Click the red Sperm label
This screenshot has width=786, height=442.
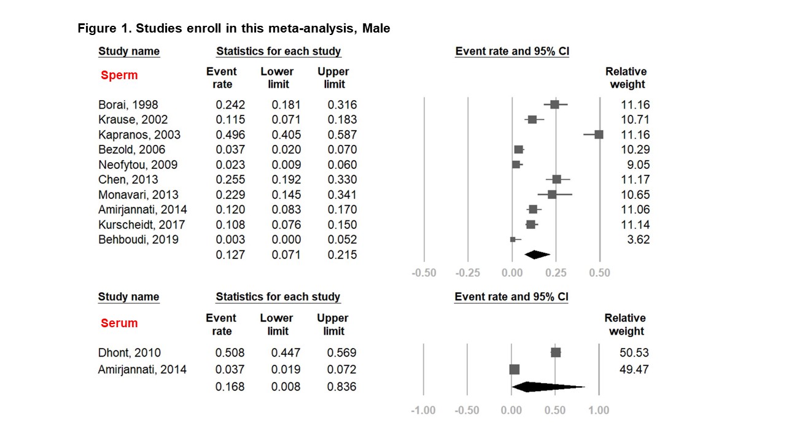coord(119,76)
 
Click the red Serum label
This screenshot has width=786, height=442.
coord(119,323)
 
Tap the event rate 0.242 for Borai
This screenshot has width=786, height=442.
coord(230,104)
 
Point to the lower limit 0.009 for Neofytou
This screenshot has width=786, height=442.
coord(287,165)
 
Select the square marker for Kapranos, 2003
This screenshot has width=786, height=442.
coord(599,134)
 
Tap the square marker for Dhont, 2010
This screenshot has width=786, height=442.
coord(556,352)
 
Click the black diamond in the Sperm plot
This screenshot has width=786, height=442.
coord(536,255)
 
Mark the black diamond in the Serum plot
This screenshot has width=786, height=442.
coord(547,387)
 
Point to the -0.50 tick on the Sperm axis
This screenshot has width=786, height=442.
coord(424,273)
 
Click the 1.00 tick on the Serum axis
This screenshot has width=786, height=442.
coord(599,410)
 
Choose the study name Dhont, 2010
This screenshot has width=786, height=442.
coord(130,353)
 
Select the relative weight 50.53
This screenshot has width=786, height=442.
coord(634,353)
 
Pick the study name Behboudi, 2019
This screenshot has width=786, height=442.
coord(138,239)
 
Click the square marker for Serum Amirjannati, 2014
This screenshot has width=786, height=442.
coord(514,370)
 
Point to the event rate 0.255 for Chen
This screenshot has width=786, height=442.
coord(230,180)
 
